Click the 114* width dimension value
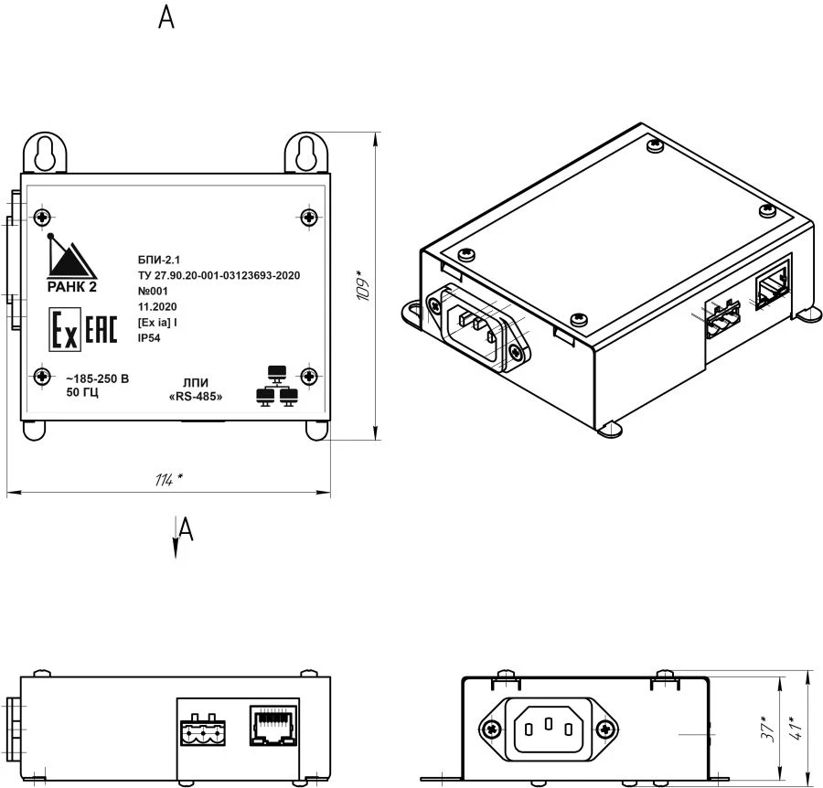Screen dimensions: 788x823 (168, 480)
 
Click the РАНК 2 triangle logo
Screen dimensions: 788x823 (71, 259)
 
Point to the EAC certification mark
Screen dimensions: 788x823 (101, 331)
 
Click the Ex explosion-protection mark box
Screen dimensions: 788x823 (64, 331)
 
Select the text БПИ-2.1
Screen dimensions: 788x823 (156, 260)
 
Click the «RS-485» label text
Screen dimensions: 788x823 (197, 398)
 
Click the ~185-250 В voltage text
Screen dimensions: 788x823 (98, 378)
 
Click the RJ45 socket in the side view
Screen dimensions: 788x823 (273, 724)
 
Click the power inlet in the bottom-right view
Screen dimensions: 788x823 (549, 729)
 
